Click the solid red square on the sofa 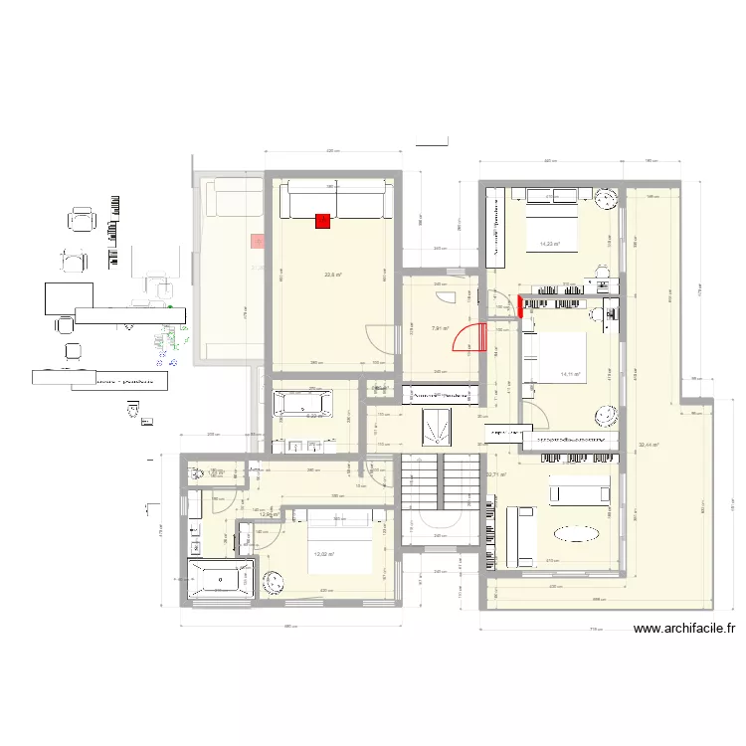click(x=322, y=222)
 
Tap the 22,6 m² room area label click(x=333, y=276)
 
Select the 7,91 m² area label click(x=439, y=328)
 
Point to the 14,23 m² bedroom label click(x=549, y=244)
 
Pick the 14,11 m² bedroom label click(x=570, y=374)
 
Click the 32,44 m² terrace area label click(x=649, y=445)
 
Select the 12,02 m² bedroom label click(x=323, y=555)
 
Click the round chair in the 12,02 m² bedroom click(x=276, y=578)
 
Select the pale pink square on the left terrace click(x=258, y=241)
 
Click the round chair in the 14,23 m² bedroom click(x=607, y=200)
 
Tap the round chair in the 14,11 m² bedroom click(x=604, y=412)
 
